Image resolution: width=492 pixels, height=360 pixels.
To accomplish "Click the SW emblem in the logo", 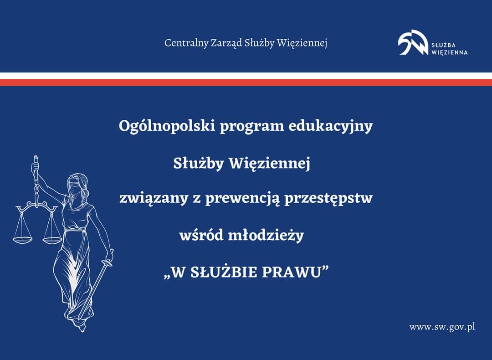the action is point(413,42).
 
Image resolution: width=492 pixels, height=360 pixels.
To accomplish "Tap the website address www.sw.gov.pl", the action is point(442,327).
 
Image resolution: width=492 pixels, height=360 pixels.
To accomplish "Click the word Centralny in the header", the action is point(186,43).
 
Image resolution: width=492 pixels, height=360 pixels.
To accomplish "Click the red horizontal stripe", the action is point(246,82).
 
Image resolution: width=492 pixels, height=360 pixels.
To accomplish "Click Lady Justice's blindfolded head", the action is point(77,185).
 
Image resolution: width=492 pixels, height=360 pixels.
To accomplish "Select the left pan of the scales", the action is point(22,240).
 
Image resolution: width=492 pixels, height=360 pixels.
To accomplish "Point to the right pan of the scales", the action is point(52,241).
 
